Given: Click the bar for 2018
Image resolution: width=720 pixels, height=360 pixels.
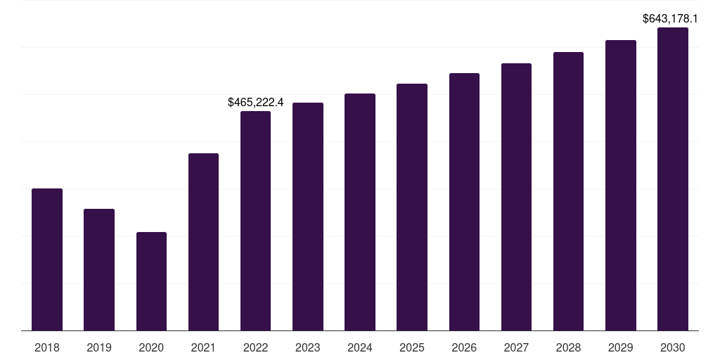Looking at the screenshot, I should [x=47, y=259].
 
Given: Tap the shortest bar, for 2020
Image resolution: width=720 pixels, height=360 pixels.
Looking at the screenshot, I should [x=151, y=281].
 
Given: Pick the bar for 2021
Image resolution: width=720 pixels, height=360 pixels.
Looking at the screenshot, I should [x=203, y=242].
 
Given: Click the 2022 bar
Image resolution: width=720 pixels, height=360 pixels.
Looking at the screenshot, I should [x=255, y=221].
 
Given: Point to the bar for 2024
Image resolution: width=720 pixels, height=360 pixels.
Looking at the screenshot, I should [x=359, y=212].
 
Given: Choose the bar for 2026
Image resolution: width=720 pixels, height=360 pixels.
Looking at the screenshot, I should [x=464, y=202].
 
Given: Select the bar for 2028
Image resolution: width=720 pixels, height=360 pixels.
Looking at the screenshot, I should [x=568, y=191].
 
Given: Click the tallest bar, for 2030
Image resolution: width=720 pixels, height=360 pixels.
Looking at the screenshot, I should [x=672, y=179].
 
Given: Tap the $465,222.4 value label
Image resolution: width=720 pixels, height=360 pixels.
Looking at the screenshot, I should [x=255, y=103].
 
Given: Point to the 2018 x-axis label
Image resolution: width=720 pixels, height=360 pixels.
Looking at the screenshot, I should [x=47, y=347].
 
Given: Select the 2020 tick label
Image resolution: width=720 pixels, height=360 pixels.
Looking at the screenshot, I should [x=151, y=347].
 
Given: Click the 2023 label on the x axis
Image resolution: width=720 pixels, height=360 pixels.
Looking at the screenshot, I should [x=307, y=347].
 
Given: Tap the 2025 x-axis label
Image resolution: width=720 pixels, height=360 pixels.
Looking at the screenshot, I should [x=412, y=347].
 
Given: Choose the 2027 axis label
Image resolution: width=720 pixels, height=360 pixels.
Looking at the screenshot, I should [x=516, y=347].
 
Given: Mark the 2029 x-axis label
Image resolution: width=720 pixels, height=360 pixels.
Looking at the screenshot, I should [x=620, y=347].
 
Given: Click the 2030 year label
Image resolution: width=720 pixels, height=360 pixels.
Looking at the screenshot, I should [x=672, y=347].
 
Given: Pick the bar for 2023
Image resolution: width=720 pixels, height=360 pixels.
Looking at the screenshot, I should [x=307, y=217].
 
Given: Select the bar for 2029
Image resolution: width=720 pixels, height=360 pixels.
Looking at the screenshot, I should [x=620, y=186].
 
